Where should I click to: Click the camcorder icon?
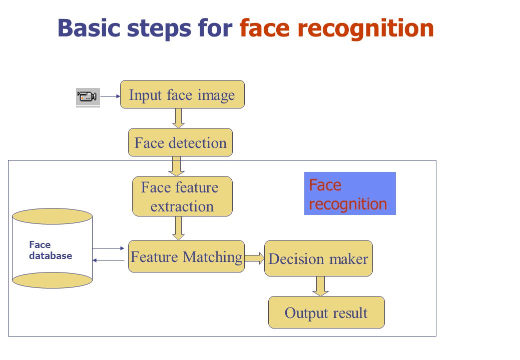(88, 97)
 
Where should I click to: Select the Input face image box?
(182, 94)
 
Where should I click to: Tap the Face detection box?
(180, 142)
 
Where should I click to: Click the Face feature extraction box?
(182, 196)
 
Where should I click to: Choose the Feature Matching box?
(186, 256)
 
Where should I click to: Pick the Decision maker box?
(318, 258)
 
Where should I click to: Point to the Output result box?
(326, 312)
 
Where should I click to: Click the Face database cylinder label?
(51, 250)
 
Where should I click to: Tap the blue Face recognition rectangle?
(350, 193)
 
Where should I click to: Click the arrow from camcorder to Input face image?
(111, 96)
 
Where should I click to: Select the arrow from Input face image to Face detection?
(178, 118)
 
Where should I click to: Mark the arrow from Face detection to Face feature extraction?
(177, 166)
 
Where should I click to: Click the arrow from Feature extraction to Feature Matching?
(178, 228)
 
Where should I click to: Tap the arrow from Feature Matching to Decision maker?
(254, 258)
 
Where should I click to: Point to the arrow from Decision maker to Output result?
(320, 286)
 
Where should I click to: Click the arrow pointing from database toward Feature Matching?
(108, 248)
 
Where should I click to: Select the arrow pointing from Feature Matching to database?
(108, 260)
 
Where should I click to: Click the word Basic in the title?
(89, 28)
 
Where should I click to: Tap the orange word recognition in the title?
(366, 29)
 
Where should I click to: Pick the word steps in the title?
(159, 29)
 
